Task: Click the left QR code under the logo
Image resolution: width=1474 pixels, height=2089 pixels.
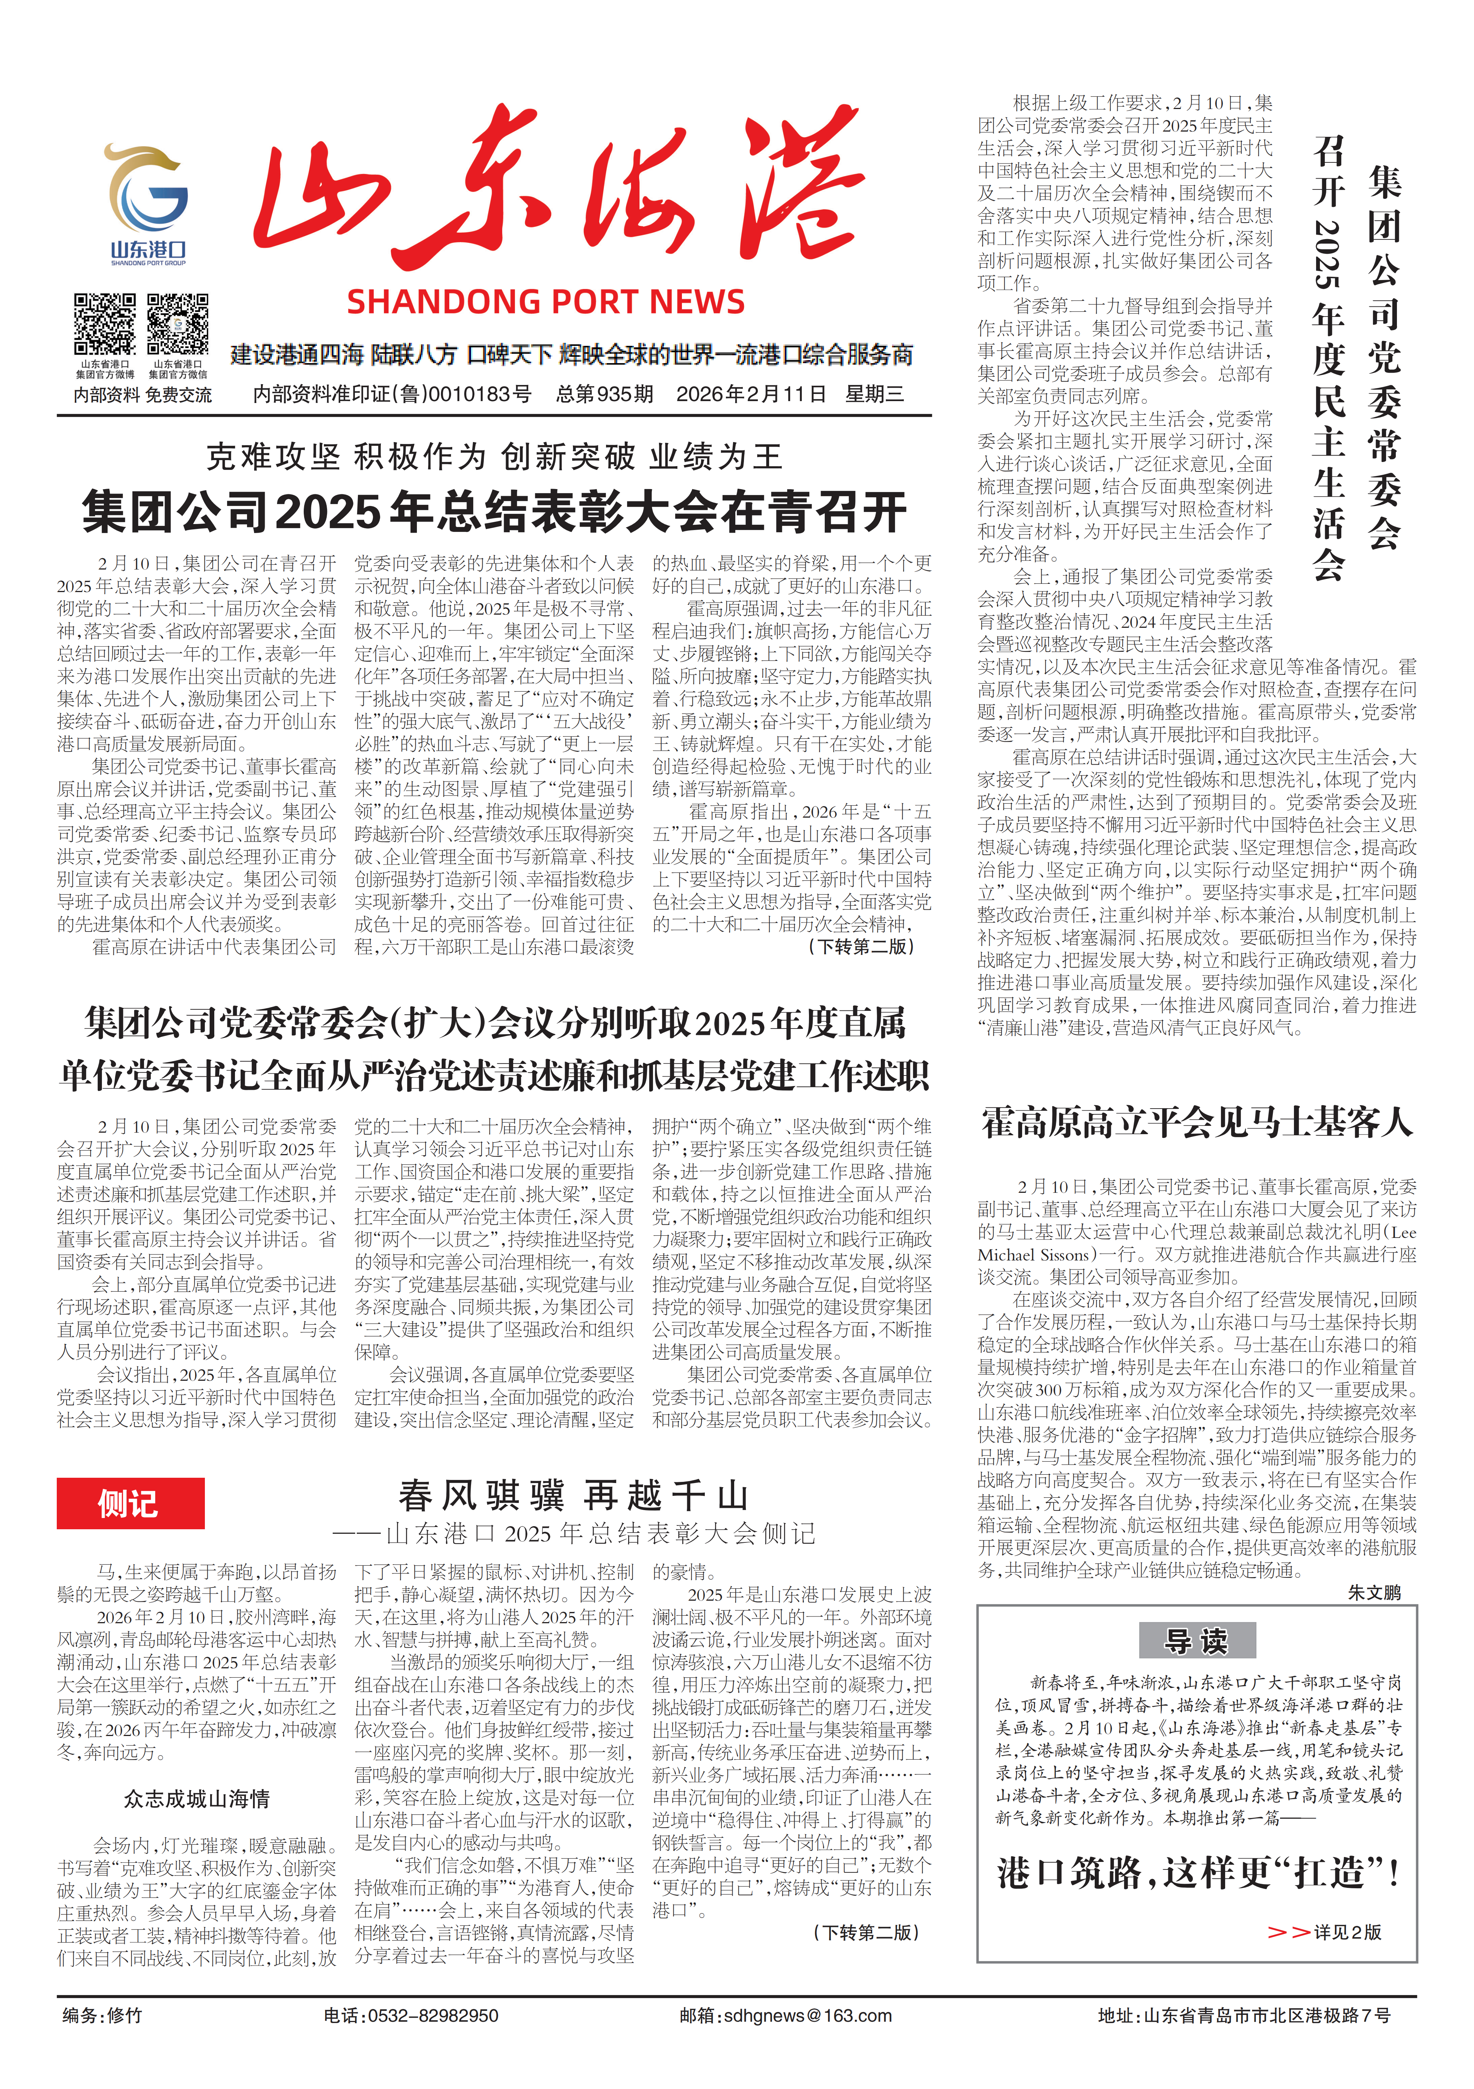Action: point(105,324)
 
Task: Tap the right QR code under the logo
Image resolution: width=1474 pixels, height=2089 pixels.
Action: point(178,324)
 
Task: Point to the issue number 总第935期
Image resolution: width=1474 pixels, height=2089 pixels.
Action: point(604,394)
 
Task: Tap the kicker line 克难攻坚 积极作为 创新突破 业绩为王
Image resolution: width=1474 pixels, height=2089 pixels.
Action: point(494,457)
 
